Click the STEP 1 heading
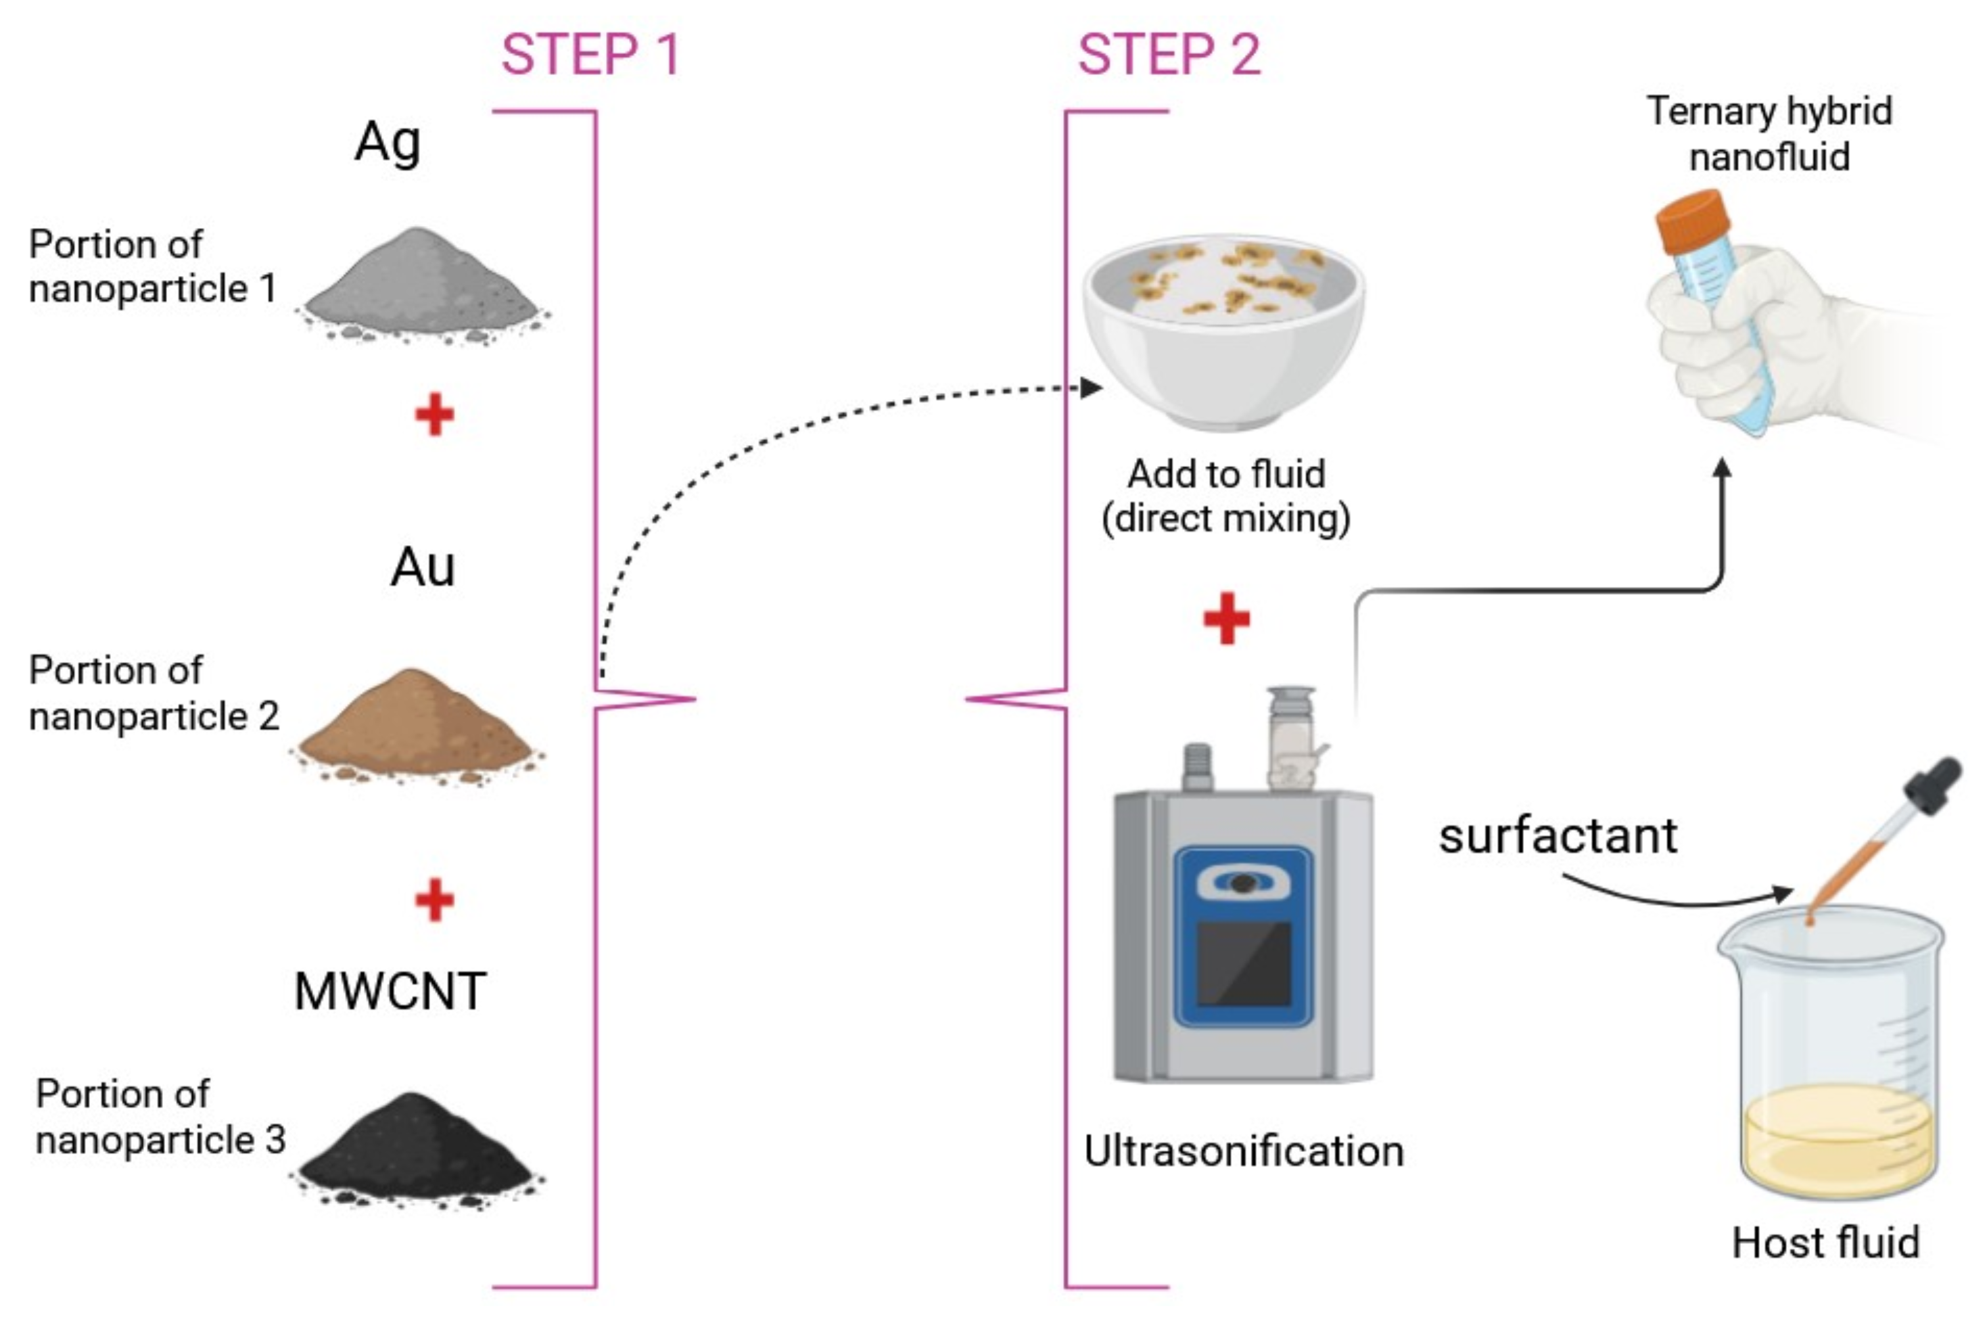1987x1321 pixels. tap(590, 55)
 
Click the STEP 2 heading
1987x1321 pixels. tap(1169, 55)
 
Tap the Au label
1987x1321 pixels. tap(423, 567)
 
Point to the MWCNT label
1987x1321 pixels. tap(390, 991)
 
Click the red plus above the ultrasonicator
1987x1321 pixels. tap(1226, 618)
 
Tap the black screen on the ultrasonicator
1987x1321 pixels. tap(1243, 962)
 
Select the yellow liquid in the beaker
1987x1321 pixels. tap(1838, 1137)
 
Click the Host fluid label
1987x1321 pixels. tap(1826, 1242)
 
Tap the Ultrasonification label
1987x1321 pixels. tap(1243, 1151)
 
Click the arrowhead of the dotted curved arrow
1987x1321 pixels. tap(1092, 388)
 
